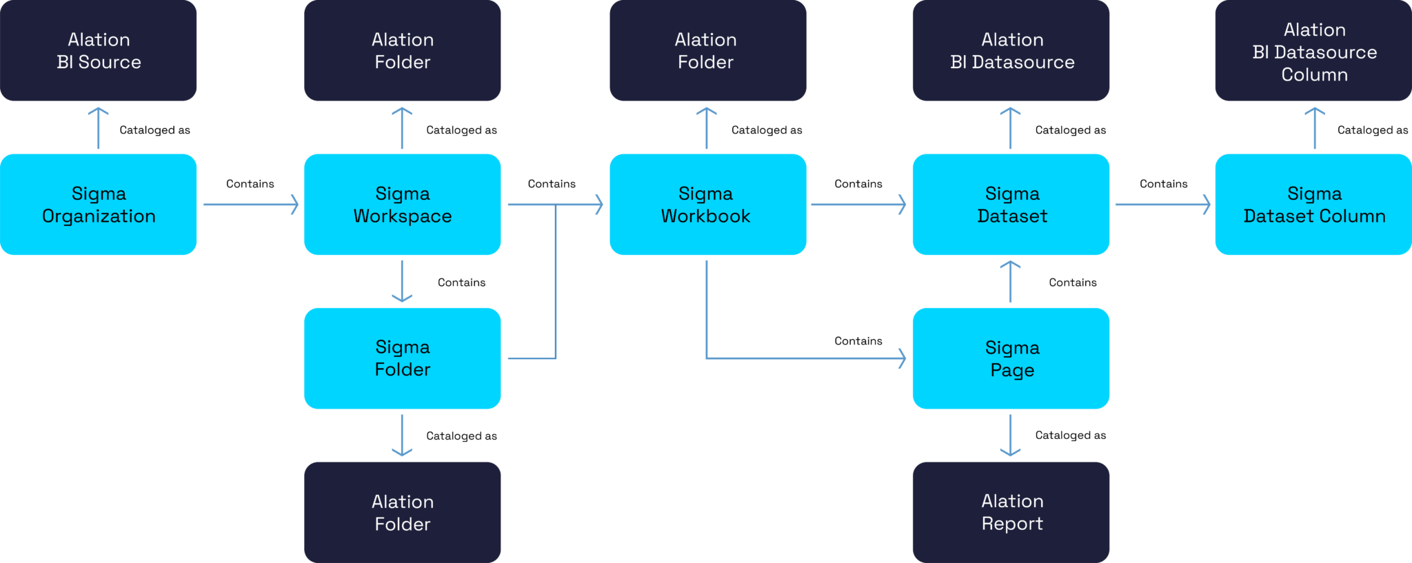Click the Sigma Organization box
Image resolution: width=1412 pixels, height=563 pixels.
coord(99,205)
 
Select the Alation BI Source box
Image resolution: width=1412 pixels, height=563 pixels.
coord(99,50)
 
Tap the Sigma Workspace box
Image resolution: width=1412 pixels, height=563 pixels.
coord(402,205)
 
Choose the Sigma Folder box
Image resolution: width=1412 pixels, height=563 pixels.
coord(402,358)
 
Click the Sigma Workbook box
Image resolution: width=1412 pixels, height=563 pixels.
coord(707,205)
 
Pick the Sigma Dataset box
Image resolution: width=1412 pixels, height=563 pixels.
coord(1011,205)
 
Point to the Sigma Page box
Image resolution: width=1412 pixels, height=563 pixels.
coord(1011,358)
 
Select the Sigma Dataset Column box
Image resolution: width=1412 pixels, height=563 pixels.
coord(1313,205)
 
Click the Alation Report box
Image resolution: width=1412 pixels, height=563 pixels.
coord(1011,512)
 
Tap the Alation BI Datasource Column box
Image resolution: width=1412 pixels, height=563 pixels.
coord(1313,50)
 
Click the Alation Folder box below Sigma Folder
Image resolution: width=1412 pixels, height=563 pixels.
coord(402,512)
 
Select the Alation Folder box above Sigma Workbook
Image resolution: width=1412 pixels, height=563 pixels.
coord(707,50)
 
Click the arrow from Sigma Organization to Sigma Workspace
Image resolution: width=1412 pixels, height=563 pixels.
coord(250,205)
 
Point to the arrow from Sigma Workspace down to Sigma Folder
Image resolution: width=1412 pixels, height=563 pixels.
coord(402,281)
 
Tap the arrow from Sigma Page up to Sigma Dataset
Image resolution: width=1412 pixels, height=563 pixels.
coord(1010,282)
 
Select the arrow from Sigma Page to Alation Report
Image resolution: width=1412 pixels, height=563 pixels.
coord(1010,435)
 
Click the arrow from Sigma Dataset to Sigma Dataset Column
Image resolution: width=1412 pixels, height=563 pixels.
coord(1162,205)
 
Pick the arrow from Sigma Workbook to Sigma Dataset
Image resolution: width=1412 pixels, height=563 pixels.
coord(858,205)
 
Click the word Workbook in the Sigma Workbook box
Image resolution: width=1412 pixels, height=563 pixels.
coord(705,216)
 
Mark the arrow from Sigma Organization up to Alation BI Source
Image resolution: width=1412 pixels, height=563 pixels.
coord(99,128)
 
